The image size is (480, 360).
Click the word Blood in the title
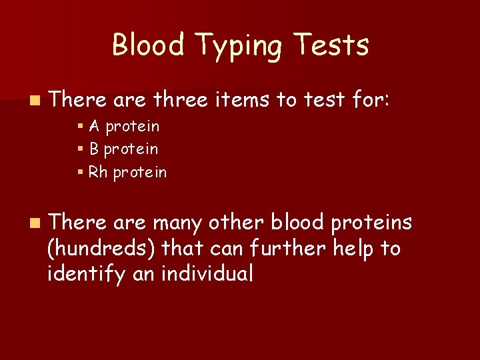pyautogui.click(x=148, y=45)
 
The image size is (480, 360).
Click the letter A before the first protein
pyautogui.click(x=94, y=126)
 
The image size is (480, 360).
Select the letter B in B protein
pyautogui.click(x=93, y=149)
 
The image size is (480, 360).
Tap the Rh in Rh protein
pyautogui.click(x=98, y=173)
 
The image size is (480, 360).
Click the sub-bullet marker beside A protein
pyautogui.click(x=80, y=127)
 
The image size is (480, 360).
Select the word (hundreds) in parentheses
pyautogui.click(x=102, y=249)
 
